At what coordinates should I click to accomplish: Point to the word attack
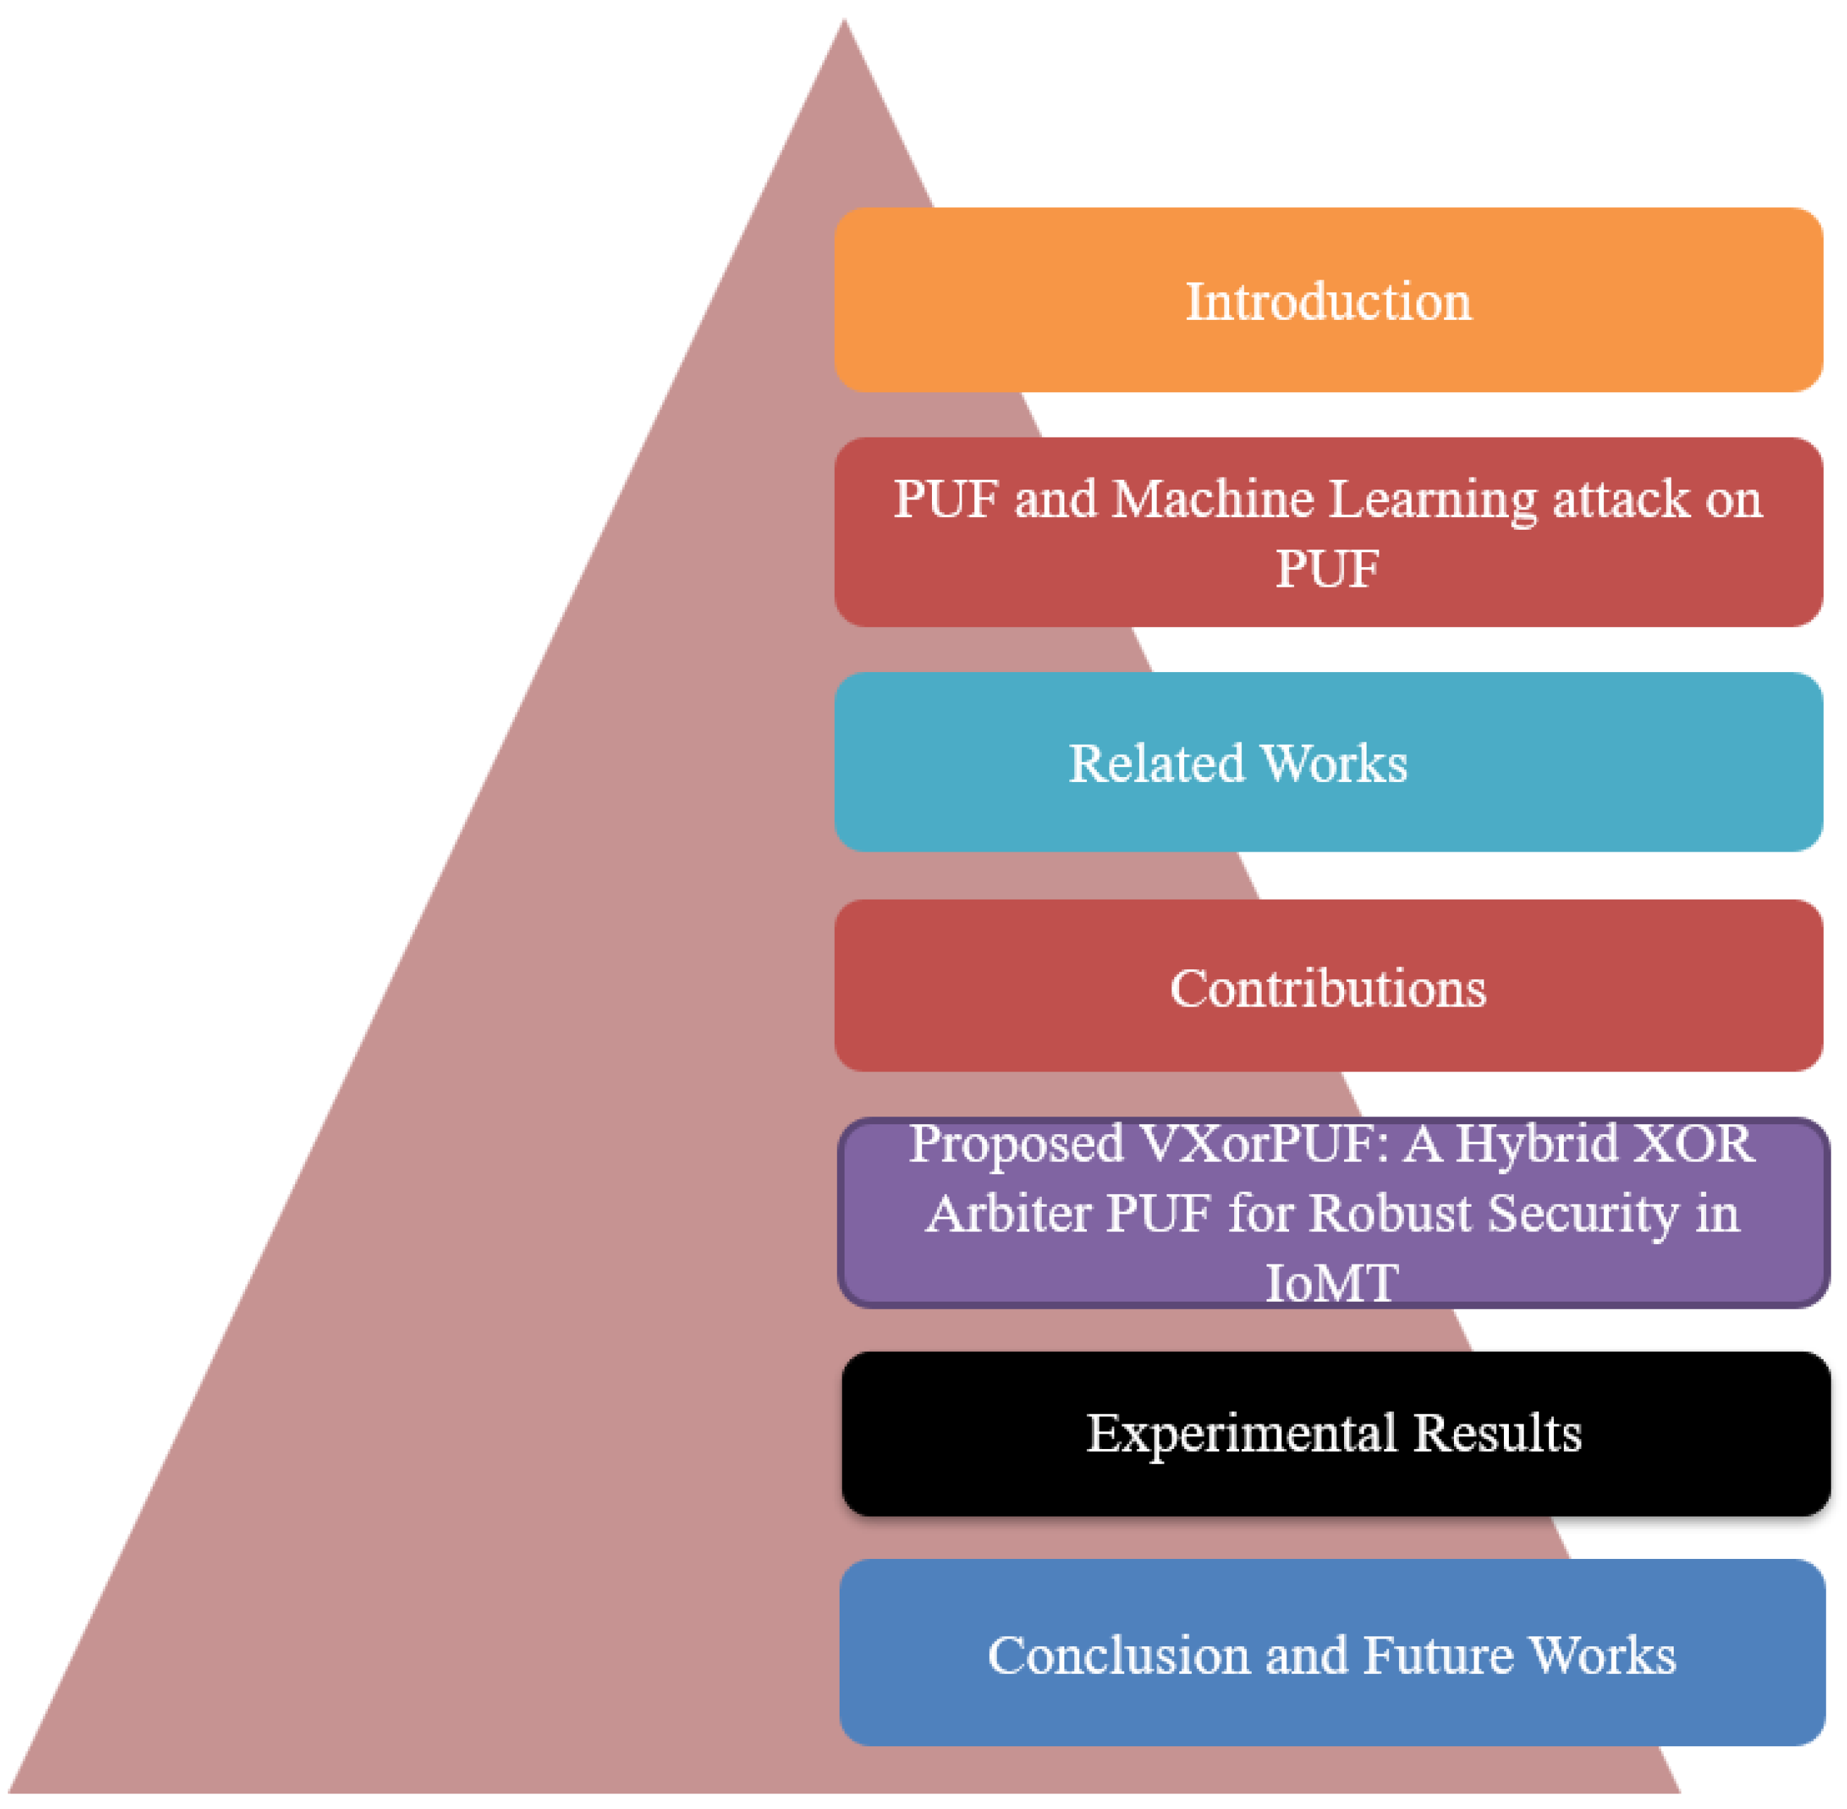tap(1621, 499)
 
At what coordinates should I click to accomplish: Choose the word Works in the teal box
tap(1334, 763)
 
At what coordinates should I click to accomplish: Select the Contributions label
tap(1327, 988)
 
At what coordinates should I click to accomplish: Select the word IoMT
tap(1331, 1281)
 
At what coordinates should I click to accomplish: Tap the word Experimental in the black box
tap(1240, 1433)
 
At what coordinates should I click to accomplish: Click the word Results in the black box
tap(1498, 1433)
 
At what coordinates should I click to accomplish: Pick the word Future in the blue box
tap(1438, 1655)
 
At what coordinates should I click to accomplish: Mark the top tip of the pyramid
tap(844, 21)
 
